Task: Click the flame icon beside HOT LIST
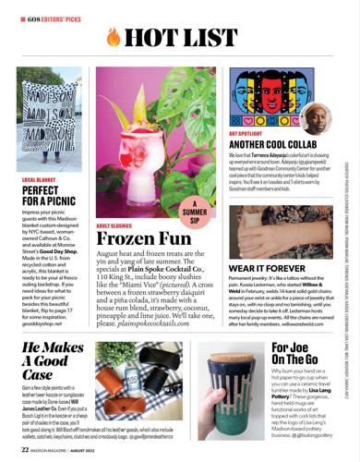point(114,38)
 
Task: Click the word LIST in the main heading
point(212,38)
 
